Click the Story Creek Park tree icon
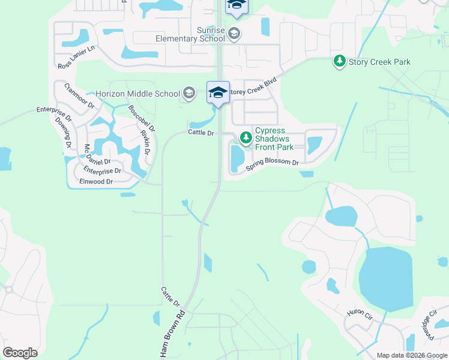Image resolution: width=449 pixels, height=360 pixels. coord(339,61)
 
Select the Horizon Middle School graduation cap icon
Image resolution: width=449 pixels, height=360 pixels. coord(189,93)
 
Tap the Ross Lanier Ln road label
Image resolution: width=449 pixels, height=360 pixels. coord(76,58)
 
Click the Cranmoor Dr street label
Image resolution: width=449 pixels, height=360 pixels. coord(79,95)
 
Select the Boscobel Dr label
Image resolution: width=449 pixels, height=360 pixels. coord(142,119)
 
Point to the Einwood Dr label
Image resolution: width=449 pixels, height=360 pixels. coord(96,181)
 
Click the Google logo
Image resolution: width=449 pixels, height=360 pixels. coord(20,353)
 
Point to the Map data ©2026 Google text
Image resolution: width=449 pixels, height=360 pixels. coord(412,355)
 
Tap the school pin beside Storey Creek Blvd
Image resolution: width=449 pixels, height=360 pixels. coord(218,93)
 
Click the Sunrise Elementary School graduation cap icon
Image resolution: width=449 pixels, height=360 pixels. coord(234,33)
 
